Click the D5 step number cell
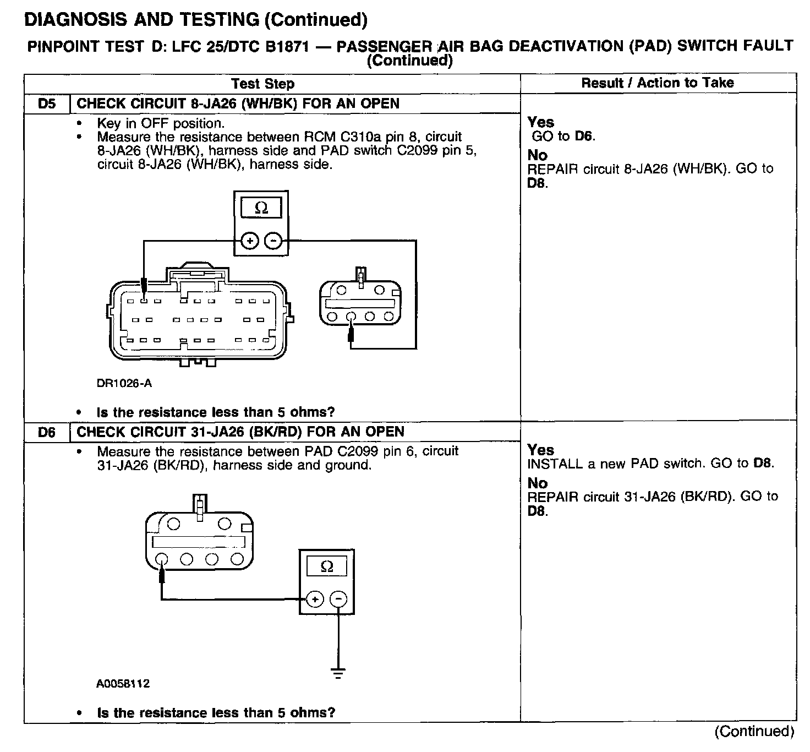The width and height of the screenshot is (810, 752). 47,103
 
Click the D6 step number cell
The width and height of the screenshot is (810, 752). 47,432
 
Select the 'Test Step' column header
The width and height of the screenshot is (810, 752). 262,84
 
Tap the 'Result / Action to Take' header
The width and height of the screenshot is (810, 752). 658,83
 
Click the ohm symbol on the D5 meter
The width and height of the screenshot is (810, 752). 261,208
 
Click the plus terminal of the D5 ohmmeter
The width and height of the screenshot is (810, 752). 250,241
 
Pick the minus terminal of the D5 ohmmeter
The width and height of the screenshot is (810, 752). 273,241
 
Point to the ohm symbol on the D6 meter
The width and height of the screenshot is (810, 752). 326,566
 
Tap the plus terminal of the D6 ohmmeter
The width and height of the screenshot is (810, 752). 314,599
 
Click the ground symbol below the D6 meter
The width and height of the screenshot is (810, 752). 338,672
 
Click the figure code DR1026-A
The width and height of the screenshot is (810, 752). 124,383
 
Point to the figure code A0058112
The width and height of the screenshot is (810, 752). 123,684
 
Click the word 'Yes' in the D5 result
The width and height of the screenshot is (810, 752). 540,122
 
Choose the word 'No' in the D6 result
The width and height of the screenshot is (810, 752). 537,483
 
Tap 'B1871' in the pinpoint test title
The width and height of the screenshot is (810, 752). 289,46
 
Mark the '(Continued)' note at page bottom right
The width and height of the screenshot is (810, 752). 754,731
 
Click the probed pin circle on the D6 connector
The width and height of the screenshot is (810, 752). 162,559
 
